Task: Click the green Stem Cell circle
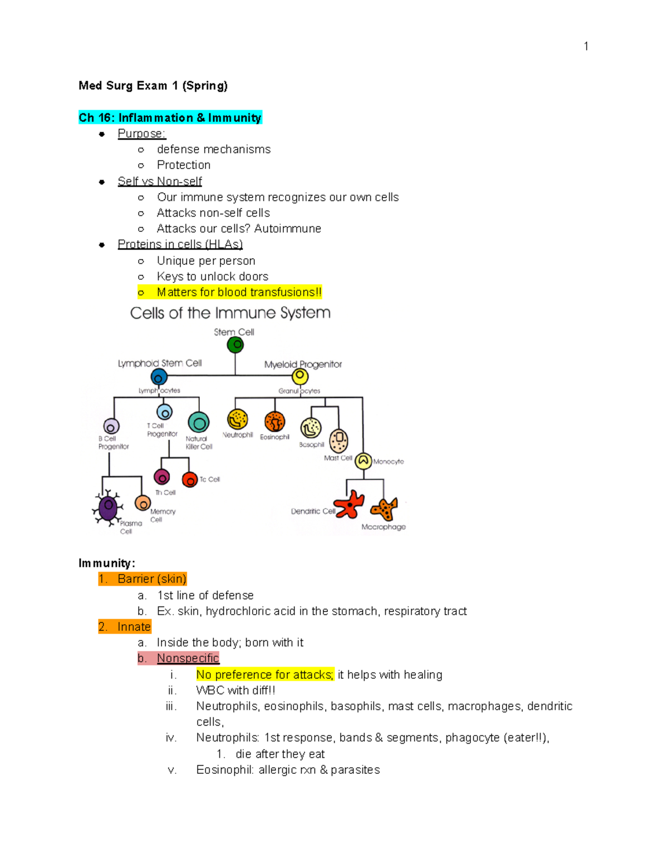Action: pyautogui.click(x=235, y=345)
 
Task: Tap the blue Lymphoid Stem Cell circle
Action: pyautogui.click(x=159, y=377)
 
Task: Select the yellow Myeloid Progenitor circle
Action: pyautogui.click(x=300, y=377)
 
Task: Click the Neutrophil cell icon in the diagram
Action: pyautogui.click(x=238, y=419)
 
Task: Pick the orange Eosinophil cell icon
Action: pyautogui.click(x=275, y=422)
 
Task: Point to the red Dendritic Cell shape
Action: pyautogui.click(x=350, y=505)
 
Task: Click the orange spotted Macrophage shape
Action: pyautogui.click(x=385, y=509)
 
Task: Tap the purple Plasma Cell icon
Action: pyautogui.click(x=107, y=507)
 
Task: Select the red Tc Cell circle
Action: pyautogui.click(x=190, y=480)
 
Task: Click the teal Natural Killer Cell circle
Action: pyautogui.click(x=199, y=423)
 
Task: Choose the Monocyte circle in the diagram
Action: pyautogui.click(x=364, y=461)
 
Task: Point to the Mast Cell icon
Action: pyautogui.click(x=338, y=441)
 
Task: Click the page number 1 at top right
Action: pyautogui.click(x=586, y=46)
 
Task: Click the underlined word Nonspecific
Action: pyautogui.click(x=188, y=658)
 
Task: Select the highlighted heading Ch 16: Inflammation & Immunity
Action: pyautogui.click(x=170, y=117)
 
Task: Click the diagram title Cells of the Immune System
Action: pyautogui.click(x=230, y=313)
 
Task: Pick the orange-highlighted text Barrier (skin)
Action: pyautogui.click(x=151, y=579)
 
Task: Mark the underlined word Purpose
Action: pyautogui.click(x=141, y=134)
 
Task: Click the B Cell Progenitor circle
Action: pyautogui.click(x=112, y=427)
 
